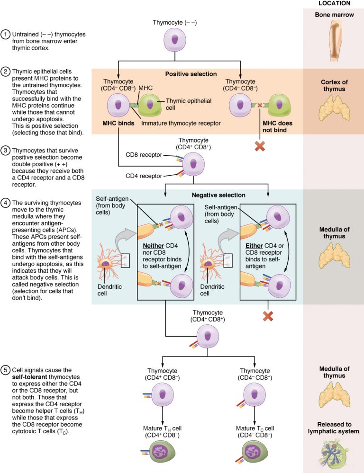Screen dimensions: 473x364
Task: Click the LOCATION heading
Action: pos(333,4)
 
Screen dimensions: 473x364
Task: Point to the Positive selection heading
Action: pos(191,74)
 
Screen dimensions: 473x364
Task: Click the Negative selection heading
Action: pos(218,195)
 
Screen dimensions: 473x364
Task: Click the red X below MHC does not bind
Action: pos(260,146)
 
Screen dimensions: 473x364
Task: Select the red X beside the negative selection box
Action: pos(268,316)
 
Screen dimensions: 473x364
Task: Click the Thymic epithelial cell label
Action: pos(189,104)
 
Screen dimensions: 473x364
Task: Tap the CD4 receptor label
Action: pos(143,176)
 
